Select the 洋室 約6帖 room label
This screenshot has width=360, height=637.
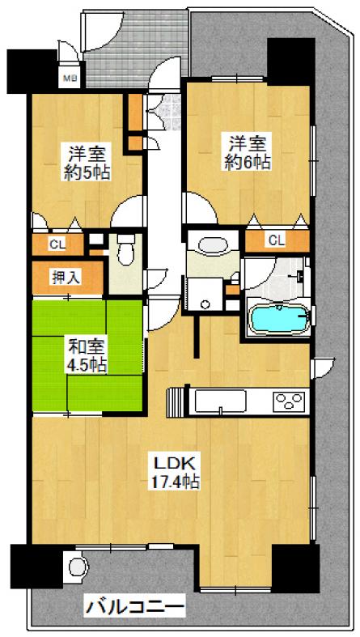[247, 153]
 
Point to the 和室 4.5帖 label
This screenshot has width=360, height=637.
[87, 356]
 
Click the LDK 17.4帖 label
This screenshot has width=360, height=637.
[176, 471]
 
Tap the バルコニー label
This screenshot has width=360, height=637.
[134, 608]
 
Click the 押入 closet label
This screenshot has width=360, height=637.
[66, 278]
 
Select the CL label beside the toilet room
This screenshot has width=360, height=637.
[57, 244]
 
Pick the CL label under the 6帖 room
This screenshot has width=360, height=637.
[276, 240]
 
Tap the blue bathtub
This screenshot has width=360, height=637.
[279, 318]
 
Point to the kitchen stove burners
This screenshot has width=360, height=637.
[290, 401]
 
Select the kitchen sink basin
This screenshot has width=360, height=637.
[220, 401]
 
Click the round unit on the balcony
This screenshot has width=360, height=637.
[78, 567]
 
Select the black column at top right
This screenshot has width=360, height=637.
[291, 62]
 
